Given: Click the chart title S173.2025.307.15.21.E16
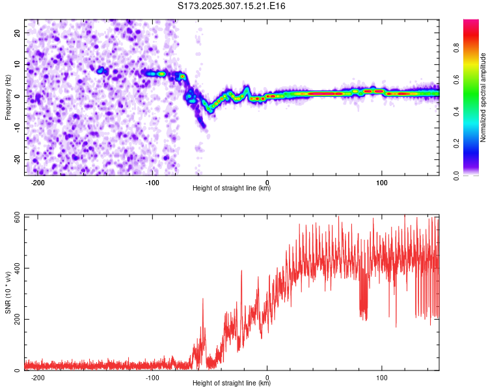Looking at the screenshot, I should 232,6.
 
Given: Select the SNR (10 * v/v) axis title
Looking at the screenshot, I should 8,292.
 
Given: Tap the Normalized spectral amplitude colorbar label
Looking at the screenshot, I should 483,97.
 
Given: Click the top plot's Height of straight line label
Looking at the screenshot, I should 232,188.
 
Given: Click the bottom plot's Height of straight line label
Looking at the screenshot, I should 232,383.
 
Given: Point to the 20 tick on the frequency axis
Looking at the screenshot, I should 18,32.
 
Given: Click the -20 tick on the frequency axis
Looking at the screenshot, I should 16,159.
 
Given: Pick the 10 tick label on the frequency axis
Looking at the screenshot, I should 18,64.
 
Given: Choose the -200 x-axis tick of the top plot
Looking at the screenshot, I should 37,181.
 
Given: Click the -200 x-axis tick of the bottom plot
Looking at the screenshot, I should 37,377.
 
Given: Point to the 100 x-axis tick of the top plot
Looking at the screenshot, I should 382,181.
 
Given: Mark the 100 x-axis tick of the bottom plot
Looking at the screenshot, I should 382,377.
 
